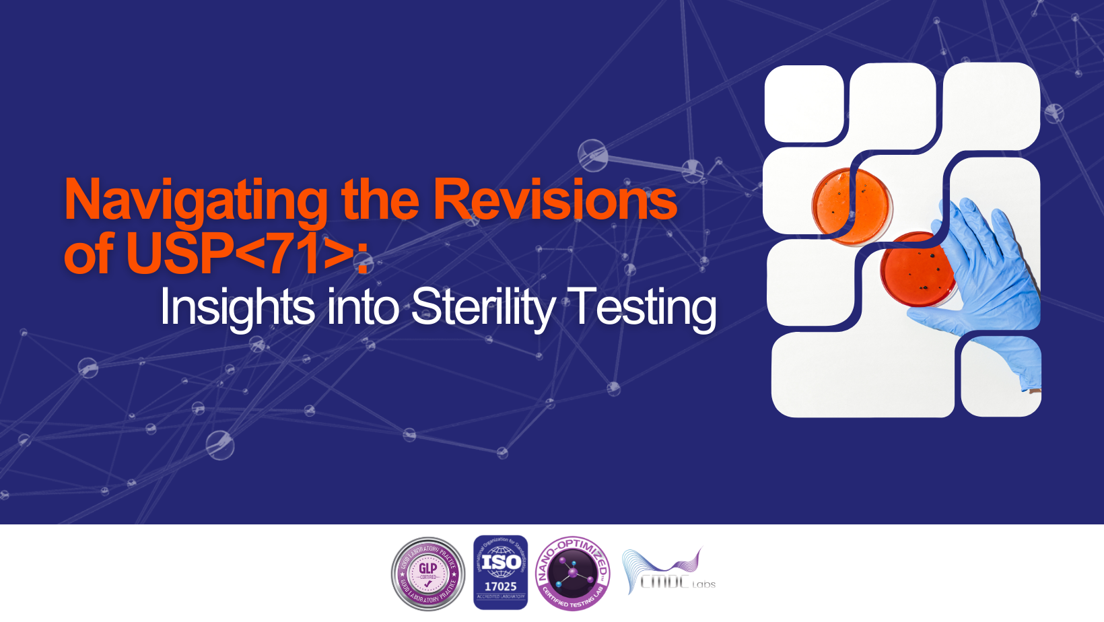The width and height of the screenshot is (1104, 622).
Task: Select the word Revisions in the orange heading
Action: point(555,200)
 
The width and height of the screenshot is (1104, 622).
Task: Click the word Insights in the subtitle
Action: point(237,308)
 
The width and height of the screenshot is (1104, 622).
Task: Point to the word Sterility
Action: point(483,308)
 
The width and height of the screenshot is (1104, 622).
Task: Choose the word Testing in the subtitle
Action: point(643,308)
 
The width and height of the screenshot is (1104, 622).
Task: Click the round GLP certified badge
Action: point(428,574)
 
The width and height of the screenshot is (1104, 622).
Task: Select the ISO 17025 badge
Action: point(500,573)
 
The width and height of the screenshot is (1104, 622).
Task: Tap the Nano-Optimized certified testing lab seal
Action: point(573,574)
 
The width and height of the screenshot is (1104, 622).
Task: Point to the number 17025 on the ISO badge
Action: point(500,586)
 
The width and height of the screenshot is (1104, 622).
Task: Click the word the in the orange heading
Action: point(380,200)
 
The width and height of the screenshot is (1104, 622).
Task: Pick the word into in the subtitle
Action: point(364,308)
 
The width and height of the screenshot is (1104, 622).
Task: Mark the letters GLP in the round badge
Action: point(428,568)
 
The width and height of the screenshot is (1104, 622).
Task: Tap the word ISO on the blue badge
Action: point(500,561)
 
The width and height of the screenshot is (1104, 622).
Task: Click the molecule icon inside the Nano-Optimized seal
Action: point(573,573)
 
